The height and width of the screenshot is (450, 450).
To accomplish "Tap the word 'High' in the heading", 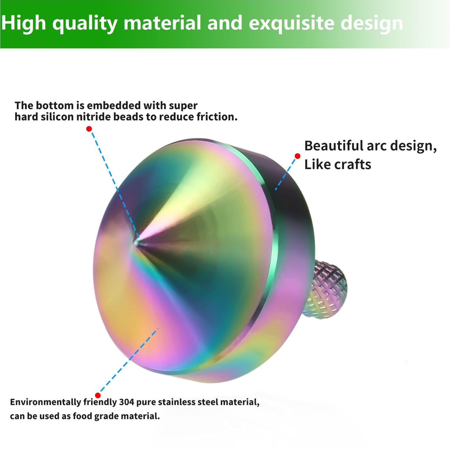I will (x=24, y=23).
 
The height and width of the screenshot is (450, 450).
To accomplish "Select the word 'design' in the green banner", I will (x=372, y=23).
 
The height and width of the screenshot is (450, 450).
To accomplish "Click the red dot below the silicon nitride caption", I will (x=89, y=129).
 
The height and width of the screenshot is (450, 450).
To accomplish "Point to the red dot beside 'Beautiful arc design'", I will (x=297, y=156).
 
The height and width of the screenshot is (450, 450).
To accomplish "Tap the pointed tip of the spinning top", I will (x=137, y=241).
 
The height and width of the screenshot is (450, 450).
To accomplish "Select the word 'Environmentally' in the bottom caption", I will (x=45, y=402).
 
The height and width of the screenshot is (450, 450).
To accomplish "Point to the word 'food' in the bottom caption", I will (x=82, y=416).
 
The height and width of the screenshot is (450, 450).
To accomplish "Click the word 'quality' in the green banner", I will (x=85, y=23).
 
